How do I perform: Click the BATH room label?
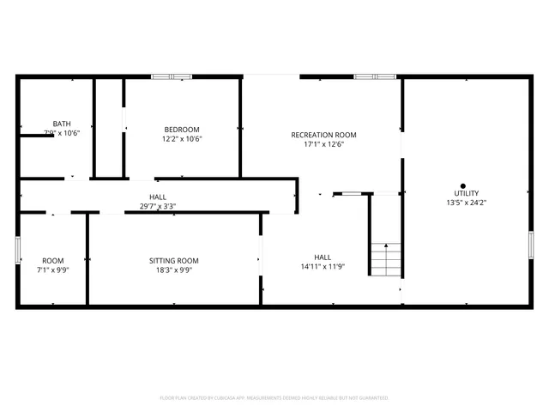[x=62, y=124]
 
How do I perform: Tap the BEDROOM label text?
[x=182, y=130]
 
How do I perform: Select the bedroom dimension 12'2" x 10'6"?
[x=182, y=139]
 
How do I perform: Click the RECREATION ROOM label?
[x=323, y=135]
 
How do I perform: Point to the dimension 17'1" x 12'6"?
[x=323, y=144]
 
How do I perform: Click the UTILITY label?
[x=467, y=194]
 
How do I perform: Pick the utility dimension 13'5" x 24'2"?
[x=467, y=203]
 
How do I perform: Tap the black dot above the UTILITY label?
[x=463, y=185]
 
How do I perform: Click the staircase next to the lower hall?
[x=385, y=258]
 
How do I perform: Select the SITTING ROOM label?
[x=174, y=261]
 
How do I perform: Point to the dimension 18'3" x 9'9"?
[x=174, y=270]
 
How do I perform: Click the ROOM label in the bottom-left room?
[x=53, y=261]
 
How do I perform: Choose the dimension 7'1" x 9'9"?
[x=53, y=270]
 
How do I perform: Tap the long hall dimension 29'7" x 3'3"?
[x=158, y=206]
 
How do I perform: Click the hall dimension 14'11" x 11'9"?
[x=323, y=266]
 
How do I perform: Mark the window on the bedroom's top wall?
[x=172, y=77]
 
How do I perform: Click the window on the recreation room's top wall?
[x=376, y=77]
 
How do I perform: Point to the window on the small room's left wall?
[x=18, y=249]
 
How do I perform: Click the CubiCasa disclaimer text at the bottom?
[x=274, y=397]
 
